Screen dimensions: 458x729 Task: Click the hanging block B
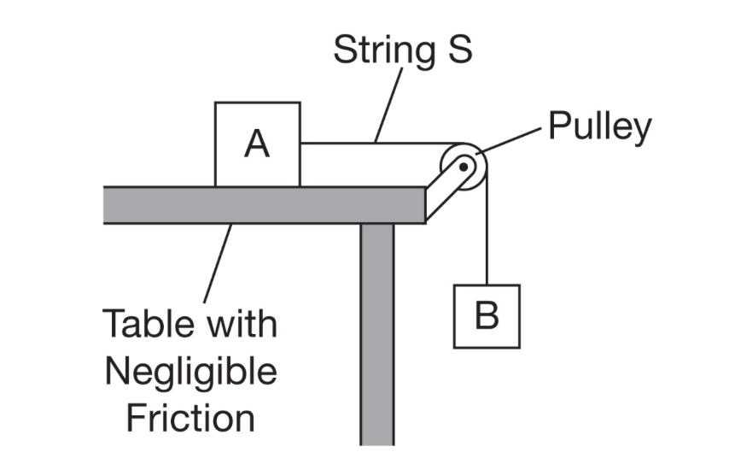(486, 316)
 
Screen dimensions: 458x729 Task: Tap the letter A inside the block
(257, 144)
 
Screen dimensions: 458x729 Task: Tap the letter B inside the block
(486, 316)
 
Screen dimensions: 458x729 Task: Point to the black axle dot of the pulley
(463, 167)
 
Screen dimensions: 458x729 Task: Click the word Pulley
(599, 126)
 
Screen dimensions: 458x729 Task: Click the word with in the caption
(239, 326)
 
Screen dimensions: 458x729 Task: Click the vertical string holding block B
(486, 231)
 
